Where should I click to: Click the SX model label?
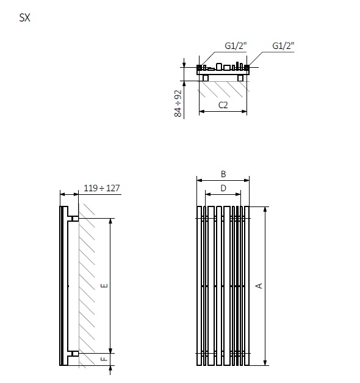pos(25,18)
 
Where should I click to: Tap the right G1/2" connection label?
pos(283,46)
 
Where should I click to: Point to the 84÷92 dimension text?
pos(178,103)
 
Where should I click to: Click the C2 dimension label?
pos(223,105)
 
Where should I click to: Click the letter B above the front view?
pos(223,173)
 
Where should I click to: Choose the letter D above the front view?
pos(223,188)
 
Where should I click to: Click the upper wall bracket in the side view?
pos(74,219)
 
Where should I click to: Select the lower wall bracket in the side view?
pos(74,353)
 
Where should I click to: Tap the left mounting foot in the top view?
pos(206,78)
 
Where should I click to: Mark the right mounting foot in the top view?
pos(240,78)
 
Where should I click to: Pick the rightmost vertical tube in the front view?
pos(247,285)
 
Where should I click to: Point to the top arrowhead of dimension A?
pos(265,209)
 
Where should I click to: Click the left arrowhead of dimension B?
pos(198,180)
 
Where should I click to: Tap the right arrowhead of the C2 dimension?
pos(245,112)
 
